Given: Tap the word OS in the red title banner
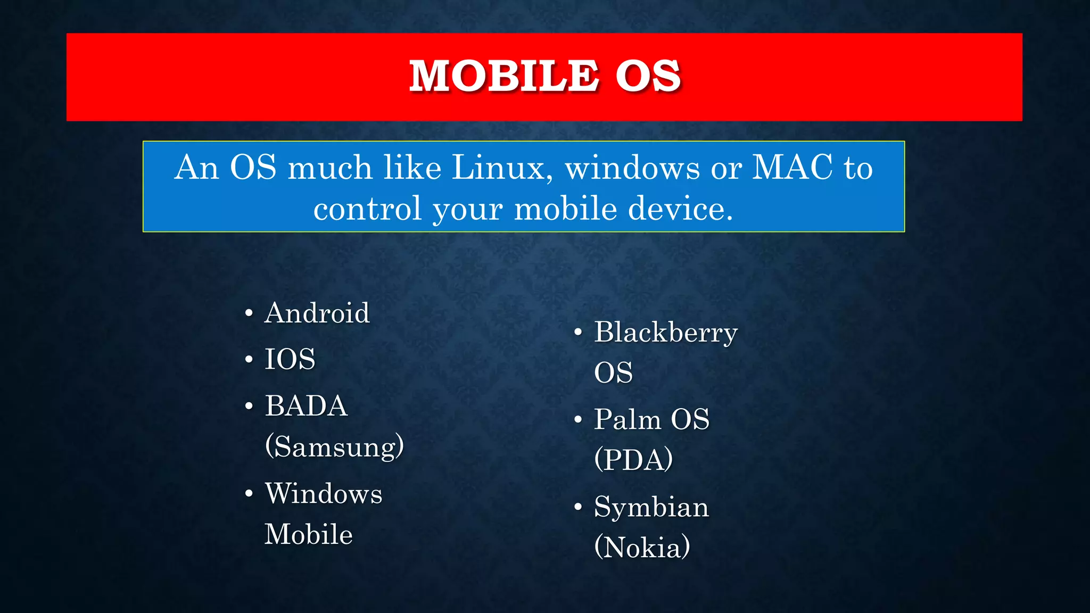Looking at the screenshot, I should pos(648,76).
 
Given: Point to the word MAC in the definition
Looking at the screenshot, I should pos(792,168).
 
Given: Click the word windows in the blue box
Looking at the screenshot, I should pos(632,168).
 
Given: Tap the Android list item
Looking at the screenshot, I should pos(317,312).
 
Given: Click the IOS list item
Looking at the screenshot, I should pos(290,359).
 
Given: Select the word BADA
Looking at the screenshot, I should pos(306,406).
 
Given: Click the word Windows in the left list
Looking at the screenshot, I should pos(324,493).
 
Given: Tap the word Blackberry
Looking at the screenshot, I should pos(666,333).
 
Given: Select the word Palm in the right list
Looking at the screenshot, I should pos(627,419).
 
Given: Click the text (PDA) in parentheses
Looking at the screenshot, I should pos(633,459).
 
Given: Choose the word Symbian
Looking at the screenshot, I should pos(651,507).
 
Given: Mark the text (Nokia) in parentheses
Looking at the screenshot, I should pos(642,547).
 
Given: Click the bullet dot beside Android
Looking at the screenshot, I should pos(249,313).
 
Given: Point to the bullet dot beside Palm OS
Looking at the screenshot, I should pos(578,420).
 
